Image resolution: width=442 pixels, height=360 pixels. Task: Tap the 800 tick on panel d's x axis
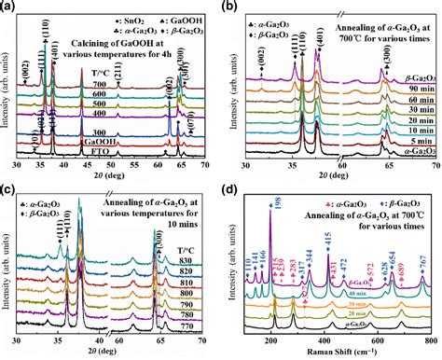coord(430,340)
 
